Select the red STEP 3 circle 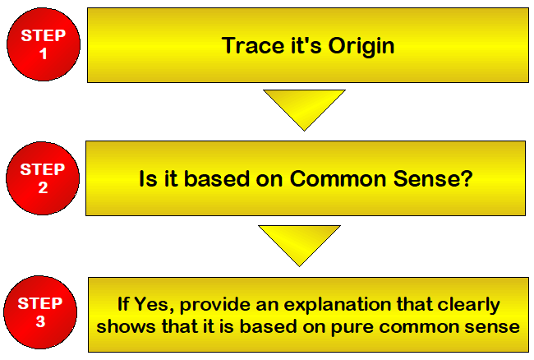coord(40,313)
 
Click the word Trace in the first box coord(251,45)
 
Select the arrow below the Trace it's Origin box coord(304,109)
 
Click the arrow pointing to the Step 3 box coord(299,243)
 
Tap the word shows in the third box coord(122,326)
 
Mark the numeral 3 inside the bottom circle coord(40,322)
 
